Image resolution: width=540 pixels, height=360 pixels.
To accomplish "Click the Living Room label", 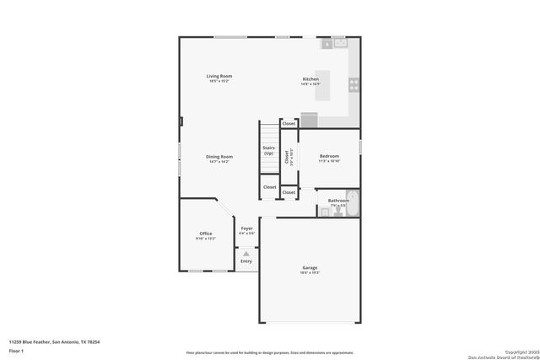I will (x=219, y=76).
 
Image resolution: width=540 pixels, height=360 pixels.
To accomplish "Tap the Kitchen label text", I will (x=310, y=79).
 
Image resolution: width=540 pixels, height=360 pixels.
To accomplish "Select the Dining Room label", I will (x=220, y=156).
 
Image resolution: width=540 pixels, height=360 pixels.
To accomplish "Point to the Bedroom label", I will (x=329, y=156).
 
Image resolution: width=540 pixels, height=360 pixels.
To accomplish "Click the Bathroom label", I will (x=338, y=200).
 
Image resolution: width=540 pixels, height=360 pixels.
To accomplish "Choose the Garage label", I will (x=310, y=268).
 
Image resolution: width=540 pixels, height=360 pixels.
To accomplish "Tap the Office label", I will (x=206, y=234).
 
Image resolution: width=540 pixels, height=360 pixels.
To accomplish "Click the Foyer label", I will (x=246, y=228).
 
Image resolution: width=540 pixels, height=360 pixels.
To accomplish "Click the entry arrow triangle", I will (x=246, y=252).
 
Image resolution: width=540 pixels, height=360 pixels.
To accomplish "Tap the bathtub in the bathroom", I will (x=353, y=203).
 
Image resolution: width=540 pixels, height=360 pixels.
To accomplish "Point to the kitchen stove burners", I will (x=354, y=84).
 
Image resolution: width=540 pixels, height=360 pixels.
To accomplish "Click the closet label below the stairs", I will (x=269, y=187).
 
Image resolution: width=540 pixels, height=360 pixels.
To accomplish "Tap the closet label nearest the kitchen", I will (x=289, y=123).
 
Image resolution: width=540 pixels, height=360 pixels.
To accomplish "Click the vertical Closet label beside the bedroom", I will (x=287, y=156).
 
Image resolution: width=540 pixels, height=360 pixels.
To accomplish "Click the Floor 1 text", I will (x=16, y=350).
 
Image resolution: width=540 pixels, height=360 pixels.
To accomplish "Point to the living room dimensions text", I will (x=219, y=81).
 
